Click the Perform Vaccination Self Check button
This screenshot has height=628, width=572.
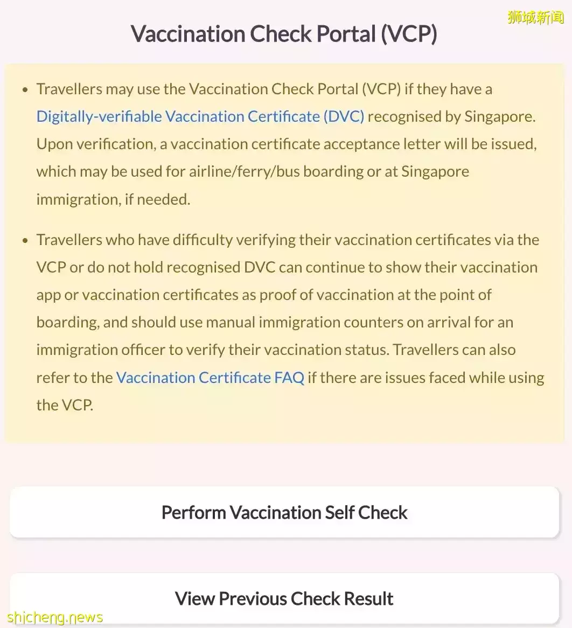tap(284, 512)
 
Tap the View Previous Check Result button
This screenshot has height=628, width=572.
tap(284, 598)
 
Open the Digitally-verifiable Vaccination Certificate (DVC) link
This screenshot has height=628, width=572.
tap(200, 116)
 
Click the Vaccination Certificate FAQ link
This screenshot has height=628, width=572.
tap(210, 378)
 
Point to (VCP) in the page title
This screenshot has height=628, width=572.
tap(409, 34)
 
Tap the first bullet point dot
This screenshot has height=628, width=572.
tap(25, 89)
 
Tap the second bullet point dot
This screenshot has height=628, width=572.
tap(25, 240)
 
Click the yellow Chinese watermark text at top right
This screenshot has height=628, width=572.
tap(535, 18)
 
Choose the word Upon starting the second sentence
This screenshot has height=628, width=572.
tap(53, 144)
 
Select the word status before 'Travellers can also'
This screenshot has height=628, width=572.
tap(368, 350)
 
